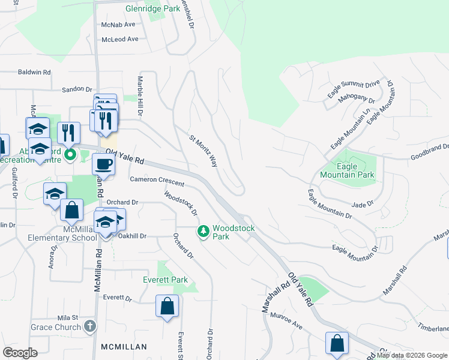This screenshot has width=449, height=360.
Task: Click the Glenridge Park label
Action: [x=154, y=9]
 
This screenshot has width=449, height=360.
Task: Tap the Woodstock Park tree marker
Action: [x=203, y=231]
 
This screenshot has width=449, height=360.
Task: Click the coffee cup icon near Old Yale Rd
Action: [x=103, y=164]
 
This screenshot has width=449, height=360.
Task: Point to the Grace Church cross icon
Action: [x=89, y=327]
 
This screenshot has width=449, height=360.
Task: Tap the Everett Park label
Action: [x=165, y=280]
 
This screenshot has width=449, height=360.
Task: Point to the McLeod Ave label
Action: [x=120, y=39]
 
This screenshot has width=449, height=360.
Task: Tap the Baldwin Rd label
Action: [x=35, y=72]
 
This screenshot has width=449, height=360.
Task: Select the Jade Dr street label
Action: [x=363, y=204]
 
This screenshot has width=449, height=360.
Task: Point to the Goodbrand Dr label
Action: [x=430, y=146]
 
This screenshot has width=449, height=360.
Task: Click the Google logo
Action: [x=20, y=352]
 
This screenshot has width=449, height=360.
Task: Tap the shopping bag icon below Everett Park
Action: [x=167, y=307]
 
